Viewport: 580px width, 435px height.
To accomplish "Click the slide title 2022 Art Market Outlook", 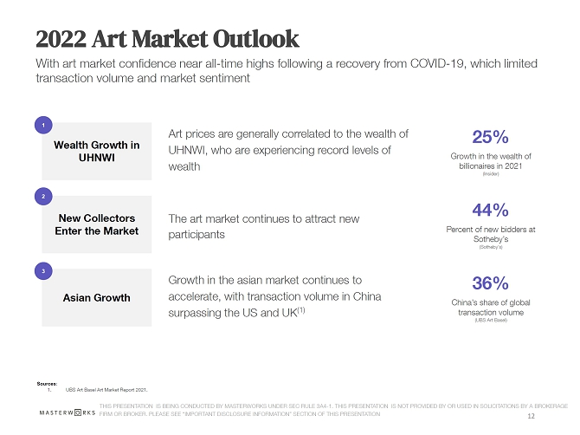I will pyautogui.click(x=168, y=39).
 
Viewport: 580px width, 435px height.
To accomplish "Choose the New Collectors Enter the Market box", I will pyautogui.click(x=97, y=224).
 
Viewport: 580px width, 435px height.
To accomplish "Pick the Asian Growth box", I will pyautogui.click(x=97, y=298).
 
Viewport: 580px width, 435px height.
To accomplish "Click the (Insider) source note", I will pyautogui.click(x=490, y=174).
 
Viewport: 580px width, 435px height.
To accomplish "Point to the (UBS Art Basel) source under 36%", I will pyautogui.click(x=490, y=321).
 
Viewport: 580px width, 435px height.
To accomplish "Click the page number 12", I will pyautogui.click(x=531, y=415).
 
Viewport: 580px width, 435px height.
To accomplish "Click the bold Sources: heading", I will pyautogui.click(x=47, y=381).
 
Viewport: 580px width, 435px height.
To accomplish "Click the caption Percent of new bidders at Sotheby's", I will pyautogui.click(x=490, y=234).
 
